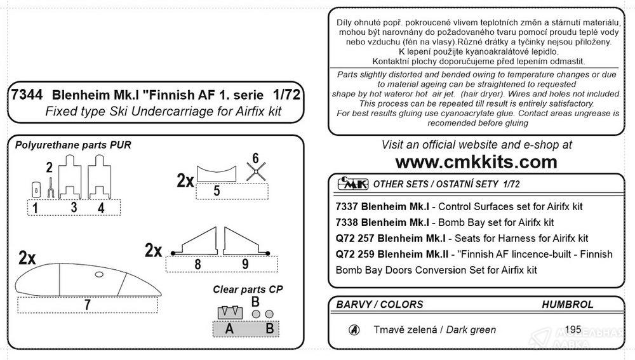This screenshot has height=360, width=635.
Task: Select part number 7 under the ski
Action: pyautogui.click(x=87, y=304)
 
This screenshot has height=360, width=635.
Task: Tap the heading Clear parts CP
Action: pyautogui.click(x=248, y=288)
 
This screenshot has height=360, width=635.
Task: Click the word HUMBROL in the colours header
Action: pyautogui.click(x=567, y=305)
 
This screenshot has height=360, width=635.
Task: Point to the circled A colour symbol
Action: pyautogui.click(x=354, y=330)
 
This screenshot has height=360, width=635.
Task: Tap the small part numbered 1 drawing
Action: pyautogui.click(x=36, y=189)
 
